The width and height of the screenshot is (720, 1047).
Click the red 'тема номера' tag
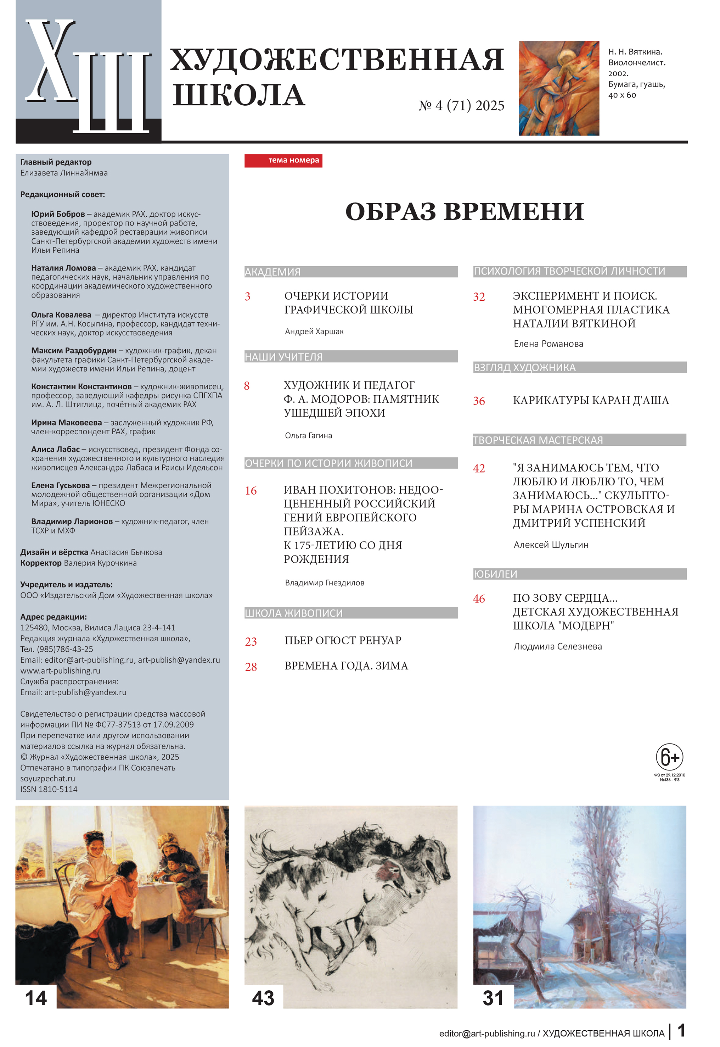283,161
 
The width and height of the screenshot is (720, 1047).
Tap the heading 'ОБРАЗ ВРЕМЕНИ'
464,211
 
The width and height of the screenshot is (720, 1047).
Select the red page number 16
251,491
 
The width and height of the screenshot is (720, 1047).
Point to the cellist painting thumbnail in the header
558,88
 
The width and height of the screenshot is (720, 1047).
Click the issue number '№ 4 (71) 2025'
461,106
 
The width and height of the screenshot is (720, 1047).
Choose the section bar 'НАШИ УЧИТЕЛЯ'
350,357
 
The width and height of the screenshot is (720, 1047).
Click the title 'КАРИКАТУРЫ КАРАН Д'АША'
591,400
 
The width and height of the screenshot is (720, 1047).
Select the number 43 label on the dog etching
263,998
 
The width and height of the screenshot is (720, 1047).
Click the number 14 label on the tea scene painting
36,998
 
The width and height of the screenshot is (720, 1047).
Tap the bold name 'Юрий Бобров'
58,214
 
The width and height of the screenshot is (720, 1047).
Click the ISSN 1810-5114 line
49,789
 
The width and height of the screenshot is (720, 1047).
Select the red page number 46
479,599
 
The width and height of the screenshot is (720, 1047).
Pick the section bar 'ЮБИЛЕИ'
579,574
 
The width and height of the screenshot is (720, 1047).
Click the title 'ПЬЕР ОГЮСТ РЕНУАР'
343,640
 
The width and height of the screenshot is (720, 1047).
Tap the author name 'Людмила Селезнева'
558,646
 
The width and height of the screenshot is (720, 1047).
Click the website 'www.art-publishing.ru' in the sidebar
61,670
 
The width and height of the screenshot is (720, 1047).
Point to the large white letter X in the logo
51,61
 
